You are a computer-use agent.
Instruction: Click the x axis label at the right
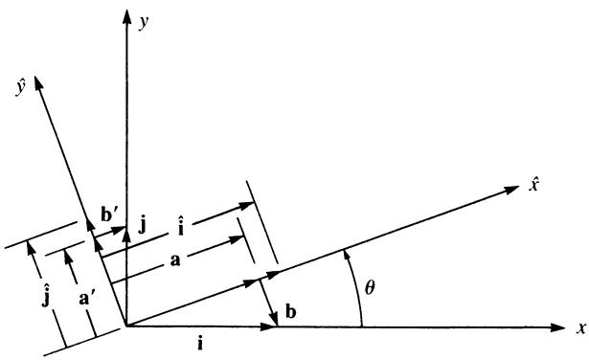pos(581,328)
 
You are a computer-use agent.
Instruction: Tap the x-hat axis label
pos(533,185)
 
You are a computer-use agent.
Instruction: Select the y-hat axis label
pos(20,88)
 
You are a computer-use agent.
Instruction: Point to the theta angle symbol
pos(370,288)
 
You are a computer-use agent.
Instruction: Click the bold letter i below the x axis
pos(200,344)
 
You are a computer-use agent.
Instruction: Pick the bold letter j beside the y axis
pos(142,226)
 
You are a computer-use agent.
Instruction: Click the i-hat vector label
pos(181,228)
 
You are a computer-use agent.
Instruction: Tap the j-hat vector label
pos(46,297)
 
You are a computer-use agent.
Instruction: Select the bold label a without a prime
pos(175,260)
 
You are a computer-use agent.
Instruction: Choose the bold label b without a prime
pos(290,312)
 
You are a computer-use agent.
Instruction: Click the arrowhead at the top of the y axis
pos(127,16)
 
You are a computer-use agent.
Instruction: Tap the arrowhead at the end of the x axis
pos(557,327)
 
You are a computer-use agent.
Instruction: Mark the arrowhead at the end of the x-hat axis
pos(511,190)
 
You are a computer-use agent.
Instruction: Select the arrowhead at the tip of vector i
pos(269,326)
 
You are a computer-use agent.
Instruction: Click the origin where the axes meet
pos(126,326)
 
